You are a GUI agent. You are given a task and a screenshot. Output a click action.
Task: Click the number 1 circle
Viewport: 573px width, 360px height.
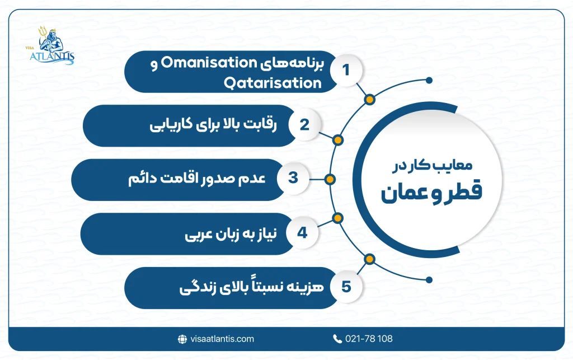345,71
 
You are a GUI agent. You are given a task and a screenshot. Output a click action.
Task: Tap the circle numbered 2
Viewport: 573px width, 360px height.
304,125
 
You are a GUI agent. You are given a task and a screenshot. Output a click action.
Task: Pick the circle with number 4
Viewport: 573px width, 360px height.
302,232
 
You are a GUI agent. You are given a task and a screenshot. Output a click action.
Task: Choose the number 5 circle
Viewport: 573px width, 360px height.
345,287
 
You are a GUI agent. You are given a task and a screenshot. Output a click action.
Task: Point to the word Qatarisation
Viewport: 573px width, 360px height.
273,83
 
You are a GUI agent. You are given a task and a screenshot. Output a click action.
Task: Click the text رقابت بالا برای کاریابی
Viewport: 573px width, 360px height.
213,125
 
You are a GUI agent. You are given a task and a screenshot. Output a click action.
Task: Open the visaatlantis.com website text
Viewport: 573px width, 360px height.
221,339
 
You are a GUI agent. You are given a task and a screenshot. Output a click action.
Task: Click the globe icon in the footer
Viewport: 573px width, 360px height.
182,339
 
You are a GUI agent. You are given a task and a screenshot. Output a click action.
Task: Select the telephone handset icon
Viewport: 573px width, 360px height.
337,339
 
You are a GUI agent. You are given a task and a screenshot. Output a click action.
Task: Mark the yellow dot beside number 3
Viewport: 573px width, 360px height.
330,179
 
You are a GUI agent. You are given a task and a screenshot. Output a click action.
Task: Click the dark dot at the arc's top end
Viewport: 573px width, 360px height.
429,80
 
